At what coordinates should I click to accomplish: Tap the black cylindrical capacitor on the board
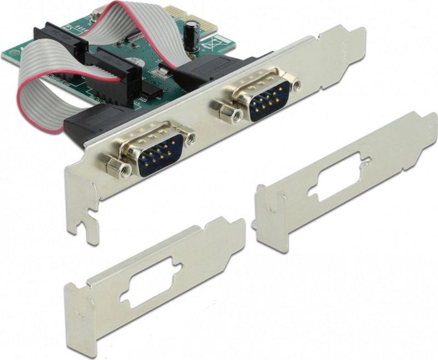click(x=192, y=34)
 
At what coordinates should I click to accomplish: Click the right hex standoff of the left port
click(x=189, y=138)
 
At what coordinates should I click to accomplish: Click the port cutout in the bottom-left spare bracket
click(x=149, y=284)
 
